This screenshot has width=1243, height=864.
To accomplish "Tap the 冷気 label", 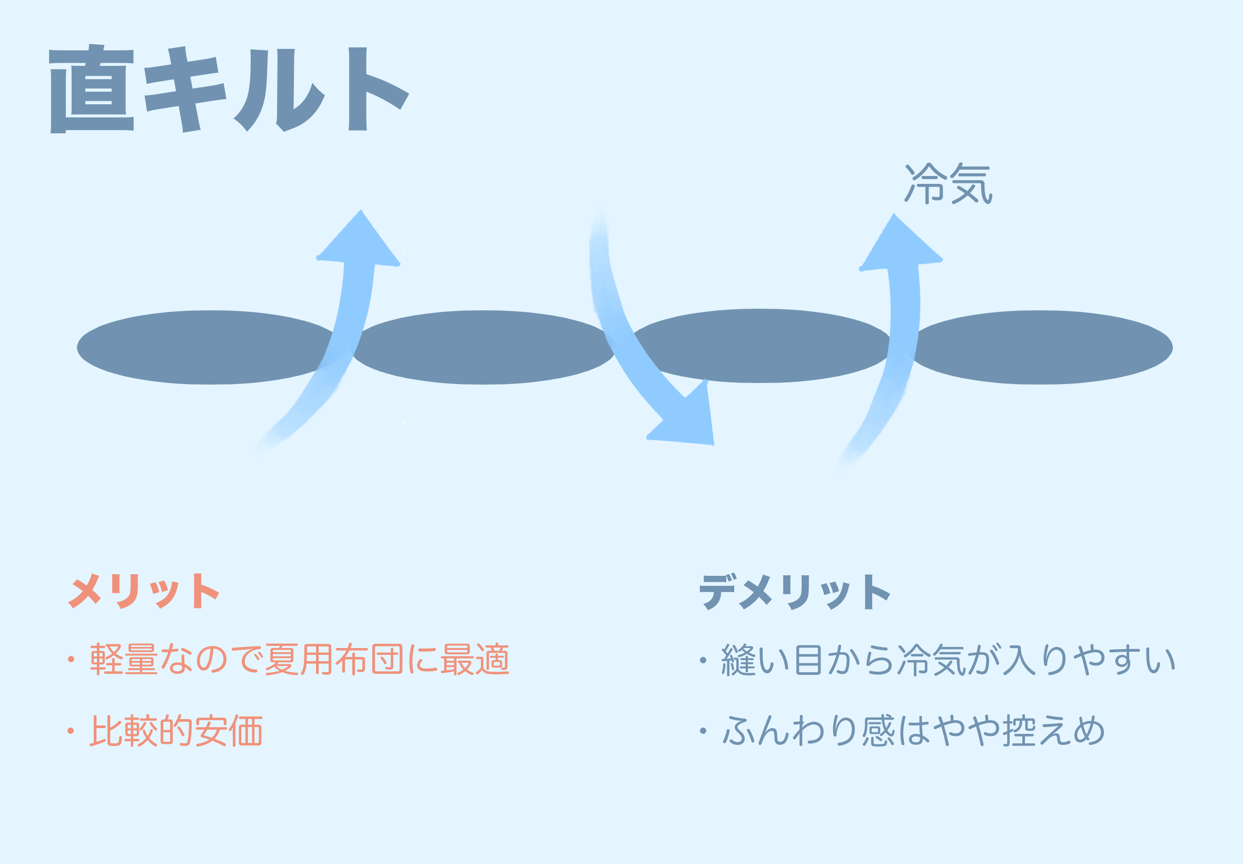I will (x=948, y=183).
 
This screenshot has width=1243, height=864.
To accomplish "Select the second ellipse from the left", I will (x=481, y=347).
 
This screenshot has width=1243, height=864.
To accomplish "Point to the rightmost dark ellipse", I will (x=1042, y=347).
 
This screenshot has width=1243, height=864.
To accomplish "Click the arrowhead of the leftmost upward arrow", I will (x=360, y=241).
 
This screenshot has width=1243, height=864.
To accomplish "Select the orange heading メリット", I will (x=143, y=591).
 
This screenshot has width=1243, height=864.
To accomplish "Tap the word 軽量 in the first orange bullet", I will (x=123, y=660).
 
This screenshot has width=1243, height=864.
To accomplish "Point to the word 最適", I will (x=475, y=660).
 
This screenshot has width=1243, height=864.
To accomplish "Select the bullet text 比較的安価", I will (x=176, y=731).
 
